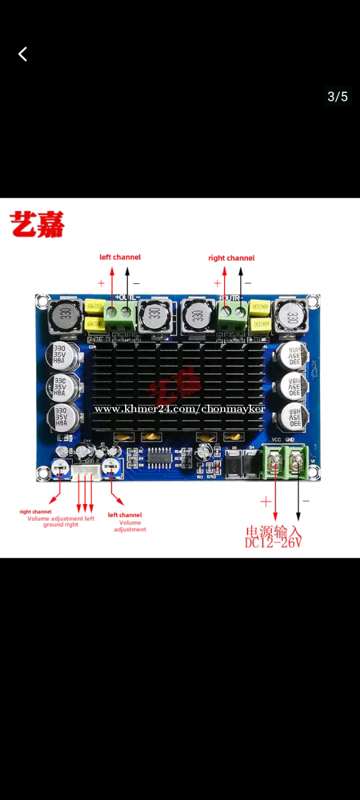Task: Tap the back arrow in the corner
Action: tap(23, 54)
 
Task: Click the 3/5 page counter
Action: tap(337, 97)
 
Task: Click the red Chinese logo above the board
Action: tap(37, 225)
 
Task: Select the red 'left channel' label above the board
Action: tap(120, 257)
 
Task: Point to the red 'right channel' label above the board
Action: tap(231, 258)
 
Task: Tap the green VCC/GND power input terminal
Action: tap(288, 462)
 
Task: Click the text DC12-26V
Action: tap(273, 543)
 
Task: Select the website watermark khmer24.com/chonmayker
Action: tap(179, 409)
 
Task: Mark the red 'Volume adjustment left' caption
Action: tap(61, 518)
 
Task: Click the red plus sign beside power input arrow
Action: tap(266, 502)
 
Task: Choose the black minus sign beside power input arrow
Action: tap(306, 501)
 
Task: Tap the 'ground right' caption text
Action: tap(61, 525)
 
